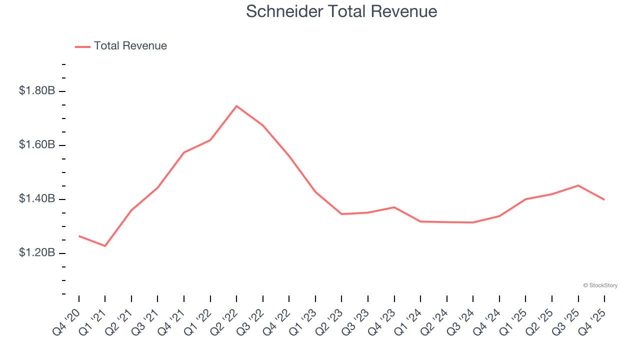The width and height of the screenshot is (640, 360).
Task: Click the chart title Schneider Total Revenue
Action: [x=341, y=11]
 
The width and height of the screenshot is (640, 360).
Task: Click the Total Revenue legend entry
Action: [x=121, y=46]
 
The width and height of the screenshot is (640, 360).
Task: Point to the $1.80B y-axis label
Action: [x=37, y=91]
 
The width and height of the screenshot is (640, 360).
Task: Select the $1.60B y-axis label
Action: [x=37, y=145]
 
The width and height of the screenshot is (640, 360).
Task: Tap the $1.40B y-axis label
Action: [x=37, y=199]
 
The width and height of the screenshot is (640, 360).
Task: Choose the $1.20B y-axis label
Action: [x=37, y=253]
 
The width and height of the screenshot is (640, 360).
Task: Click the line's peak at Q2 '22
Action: [x=236, y=106]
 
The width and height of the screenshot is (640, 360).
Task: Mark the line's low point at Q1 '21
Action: [x=105, y=246]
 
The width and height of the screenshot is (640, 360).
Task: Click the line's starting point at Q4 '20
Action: [x=79, y=236]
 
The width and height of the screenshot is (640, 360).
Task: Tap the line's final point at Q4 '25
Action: [x=604, y=199]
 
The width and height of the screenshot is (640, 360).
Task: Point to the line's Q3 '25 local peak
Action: [x=578, y=185]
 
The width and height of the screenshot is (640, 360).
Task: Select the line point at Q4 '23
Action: [x=394, y=207]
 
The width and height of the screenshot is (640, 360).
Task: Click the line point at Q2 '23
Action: [x=341, y=214]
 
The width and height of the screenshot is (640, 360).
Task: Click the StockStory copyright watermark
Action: [x=600, y=285]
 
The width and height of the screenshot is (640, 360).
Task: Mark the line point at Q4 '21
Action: [x=184, y=152]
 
